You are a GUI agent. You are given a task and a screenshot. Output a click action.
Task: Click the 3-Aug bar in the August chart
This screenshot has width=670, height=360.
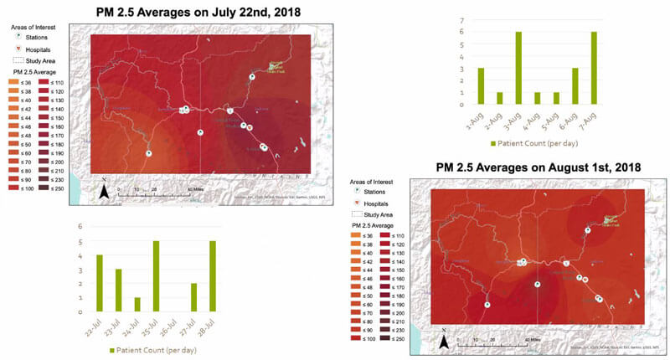click(x=519, y=68)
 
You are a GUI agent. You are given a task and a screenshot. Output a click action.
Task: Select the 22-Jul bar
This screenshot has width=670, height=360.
click(x=99, y=283)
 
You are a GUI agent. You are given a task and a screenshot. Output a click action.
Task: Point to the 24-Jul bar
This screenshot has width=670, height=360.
click(x=137, y=304)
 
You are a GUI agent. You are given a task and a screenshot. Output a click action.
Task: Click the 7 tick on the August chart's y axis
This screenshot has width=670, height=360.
click(x=461, y=19)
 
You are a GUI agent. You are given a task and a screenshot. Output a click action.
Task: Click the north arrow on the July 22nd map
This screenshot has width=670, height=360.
click(x=104, y=190)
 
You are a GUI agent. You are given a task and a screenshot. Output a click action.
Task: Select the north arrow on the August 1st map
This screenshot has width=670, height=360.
click(x=446, y=341)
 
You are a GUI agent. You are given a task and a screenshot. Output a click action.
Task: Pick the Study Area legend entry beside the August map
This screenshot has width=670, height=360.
click(x=372, y=215)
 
